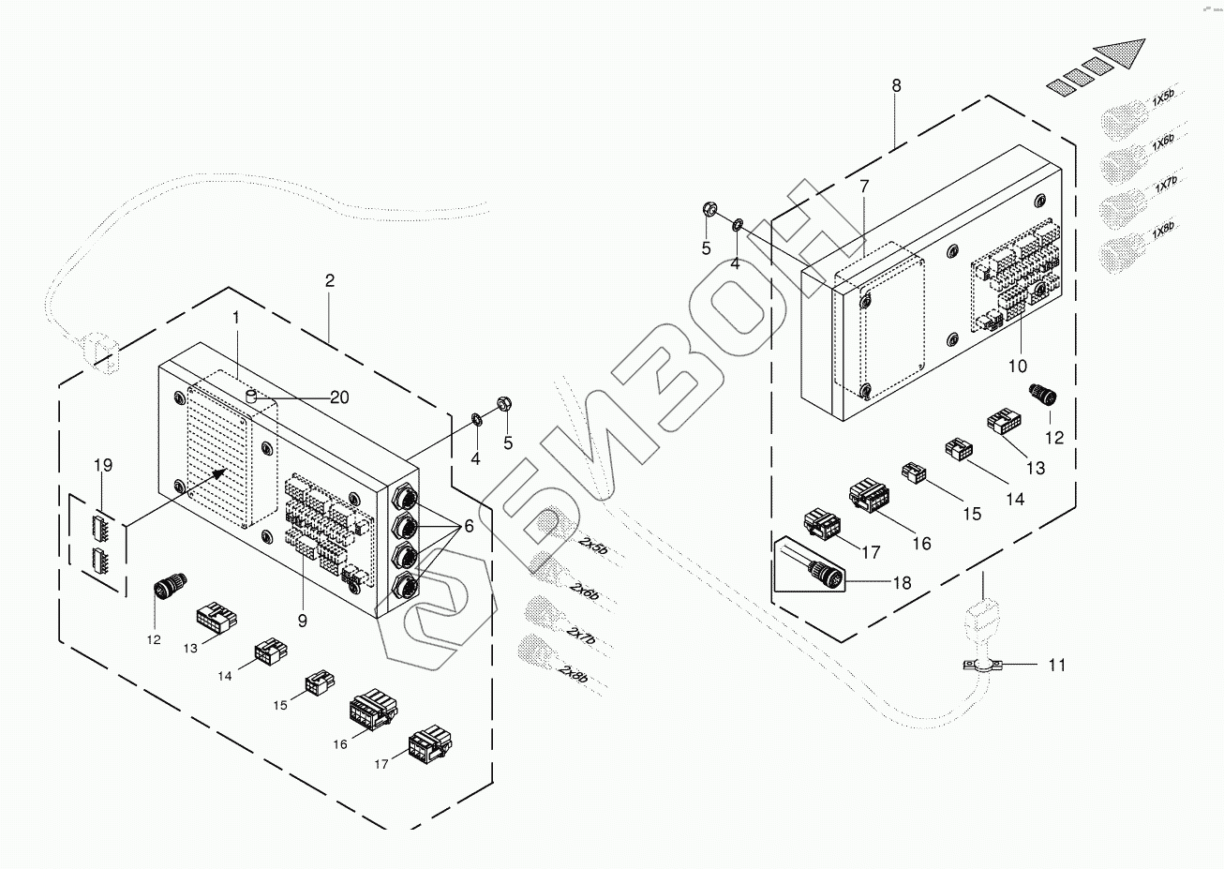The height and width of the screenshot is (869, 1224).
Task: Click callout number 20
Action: tap(338, 397)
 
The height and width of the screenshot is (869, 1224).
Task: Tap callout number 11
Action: tap(1056, 666)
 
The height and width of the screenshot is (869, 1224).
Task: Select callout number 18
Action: tap(902, 582)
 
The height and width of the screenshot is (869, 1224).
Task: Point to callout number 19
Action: tap(103, 464)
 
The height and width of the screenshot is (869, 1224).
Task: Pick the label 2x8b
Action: tap(574, 673)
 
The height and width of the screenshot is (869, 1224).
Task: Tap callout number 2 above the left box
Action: tap(330, 280)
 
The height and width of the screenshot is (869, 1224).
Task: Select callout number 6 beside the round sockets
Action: tap(469, 528)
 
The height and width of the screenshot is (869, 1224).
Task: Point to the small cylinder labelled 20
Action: tap(251, 397)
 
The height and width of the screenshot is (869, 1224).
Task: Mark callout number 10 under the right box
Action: tap(1019, 364)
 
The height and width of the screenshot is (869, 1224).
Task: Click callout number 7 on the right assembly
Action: tap(863, 187)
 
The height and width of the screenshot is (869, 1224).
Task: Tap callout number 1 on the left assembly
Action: tap(236, 318)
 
